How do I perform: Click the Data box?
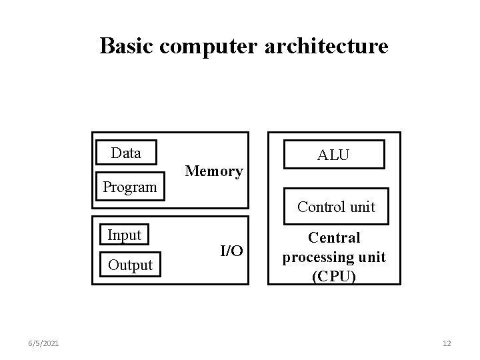(x=126, y=153)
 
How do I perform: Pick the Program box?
(x=129, y=187)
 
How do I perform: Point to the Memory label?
(x=214, y=171)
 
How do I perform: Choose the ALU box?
(x=333, y=155)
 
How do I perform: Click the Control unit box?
(x=336, y=207)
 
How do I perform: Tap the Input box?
(x=124, y=235)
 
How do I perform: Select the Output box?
(x=130, y=265)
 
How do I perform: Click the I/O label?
(x=231, y=251)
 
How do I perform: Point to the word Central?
(x=335, y=238)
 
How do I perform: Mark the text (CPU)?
(x=334, y=276)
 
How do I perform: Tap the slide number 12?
(x=447, y=343)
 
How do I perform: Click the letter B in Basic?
(x=107, y=46)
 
